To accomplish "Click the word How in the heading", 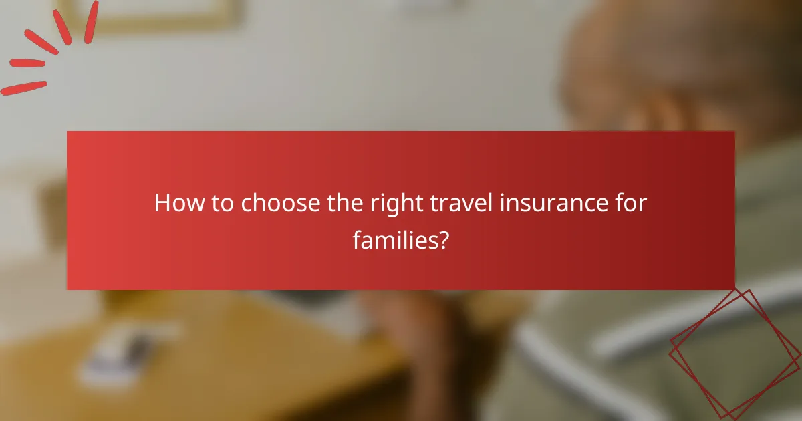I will coord(176,203).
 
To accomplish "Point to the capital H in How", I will coord(162,203).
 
